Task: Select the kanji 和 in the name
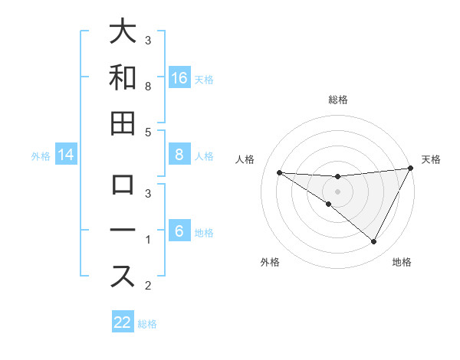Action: point(123,78)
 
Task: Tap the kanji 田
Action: point(123,123)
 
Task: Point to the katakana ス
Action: point(123,277)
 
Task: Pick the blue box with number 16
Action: point(179,77)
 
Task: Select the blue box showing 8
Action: point(179,155)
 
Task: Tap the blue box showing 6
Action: point(179,231)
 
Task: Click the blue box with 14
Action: point(66,155)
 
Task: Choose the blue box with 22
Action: point(123,322)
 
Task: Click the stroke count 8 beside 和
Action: point(148,87)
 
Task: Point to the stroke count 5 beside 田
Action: point(148,132)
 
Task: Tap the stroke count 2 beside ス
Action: point(148,286)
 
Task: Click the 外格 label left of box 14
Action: point(41,156)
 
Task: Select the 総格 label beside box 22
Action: point(148,324)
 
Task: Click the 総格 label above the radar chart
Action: point(337,100)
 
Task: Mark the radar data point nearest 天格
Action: point(411,169)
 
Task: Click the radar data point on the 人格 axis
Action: point(279,172)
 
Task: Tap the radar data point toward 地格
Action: point(373,241)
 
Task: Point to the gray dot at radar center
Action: point(337,191)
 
